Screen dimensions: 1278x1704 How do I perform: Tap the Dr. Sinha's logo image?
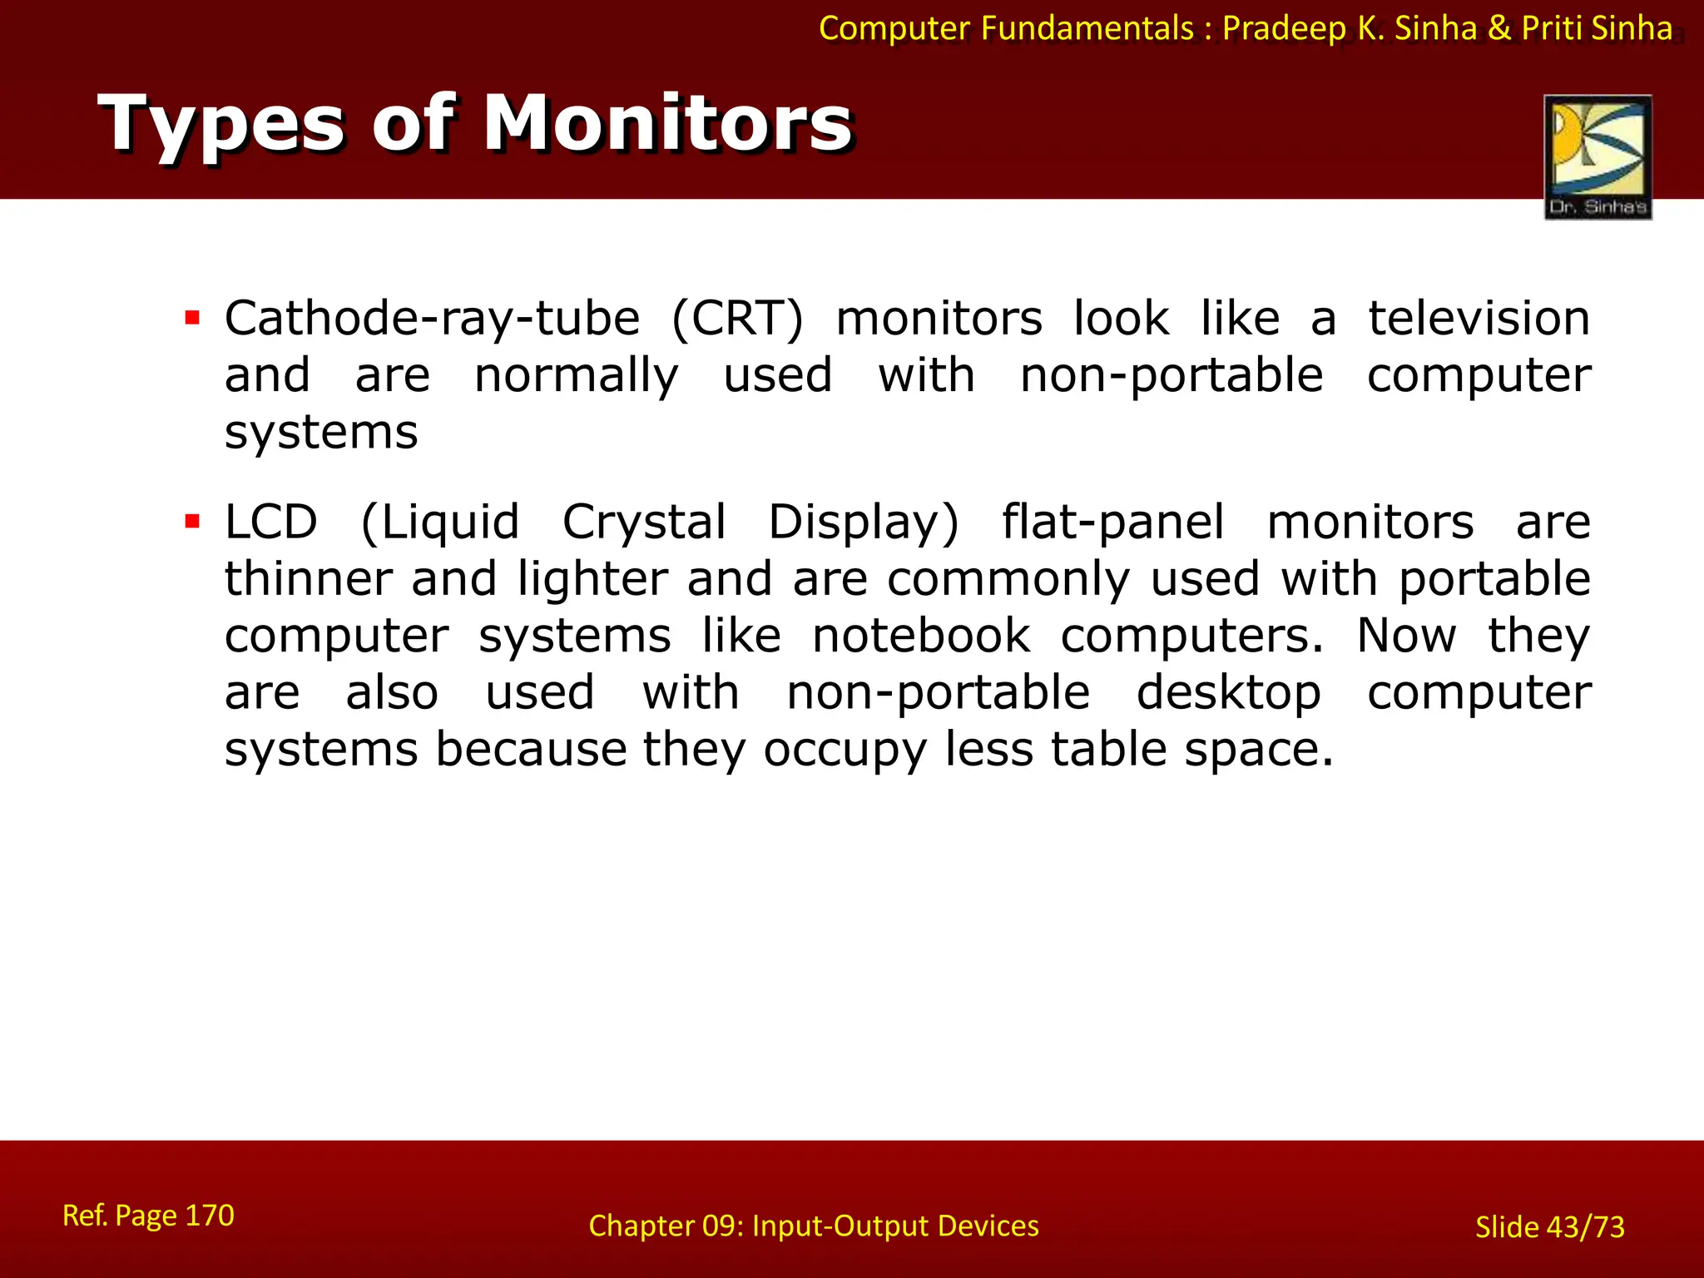coord(1597,156)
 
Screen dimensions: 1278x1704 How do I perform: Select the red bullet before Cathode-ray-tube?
coord(193,318)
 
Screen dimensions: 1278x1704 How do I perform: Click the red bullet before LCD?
coord(193,522)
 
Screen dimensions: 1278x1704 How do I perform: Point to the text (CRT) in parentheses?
coord(737,319)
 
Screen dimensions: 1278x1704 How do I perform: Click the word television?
coord(1479,319)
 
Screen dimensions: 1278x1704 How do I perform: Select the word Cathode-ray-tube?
coord(432,319)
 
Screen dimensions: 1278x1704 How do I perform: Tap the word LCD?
coord(271,523)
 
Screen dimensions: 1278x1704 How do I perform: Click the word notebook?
coord(921,637)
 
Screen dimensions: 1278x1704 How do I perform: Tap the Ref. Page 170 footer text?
coord(148,1216)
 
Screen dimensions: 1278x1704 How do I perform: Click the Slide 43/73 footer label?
coord(1549,1227)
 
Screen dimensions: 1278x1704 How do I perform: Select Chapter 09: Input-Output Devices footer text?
coord(813,1226)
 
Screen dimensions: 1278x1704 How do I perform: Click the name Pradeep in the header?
coord(1284,29)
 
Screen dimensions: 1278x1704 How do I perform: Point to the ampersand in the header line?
coord(1498,28)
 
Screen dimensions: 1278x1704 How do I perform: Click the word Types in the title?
coord(220,125)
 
